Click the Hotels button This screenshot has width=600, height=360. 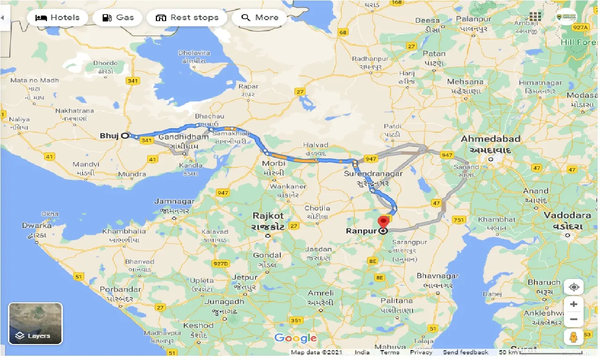tap(57, 18)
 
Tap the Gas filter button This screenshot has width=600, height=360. tap(117, 18)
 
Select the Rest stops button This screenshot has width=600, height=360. tap(187, 18)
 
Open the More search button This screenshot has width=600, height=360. tap(260, 18)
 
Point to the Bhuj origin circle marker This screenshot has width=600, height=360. tap(125, 136)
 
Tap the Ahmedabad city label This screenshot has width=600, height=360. tap(490, 139)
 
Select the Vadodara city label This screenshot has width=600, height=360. tap(567, 216)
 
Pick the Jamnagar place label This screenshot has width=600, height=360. tap(174, 202)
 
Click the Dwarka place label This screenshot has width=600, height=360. tap(37, 225)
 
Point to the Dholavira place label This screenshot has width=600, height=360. tap(194, 53)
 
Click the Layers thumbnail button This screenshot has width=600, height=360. tap(35, 323)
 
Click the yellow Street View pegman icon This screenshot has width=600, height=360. tap(574, 337)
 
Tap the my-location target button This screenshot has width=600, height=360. tap(574, 286)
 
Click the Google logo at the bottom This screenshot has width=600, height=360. tap(295, 338)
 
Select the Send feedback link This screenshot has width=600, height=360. tap(465, 352)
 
